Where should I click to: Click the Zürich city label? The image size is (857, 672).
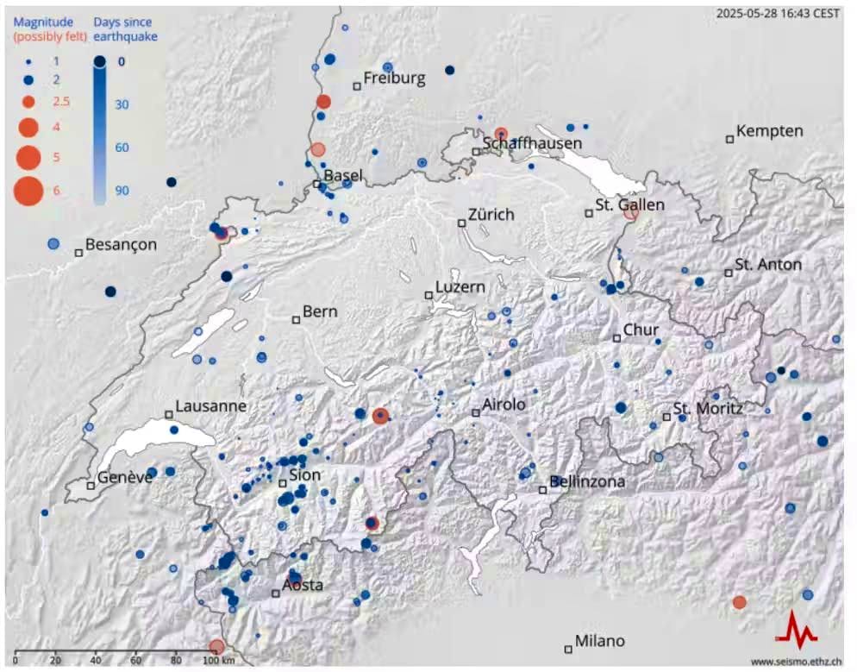[x=491, y=214]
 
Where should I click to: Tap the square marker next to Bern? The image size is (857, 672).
[x=296, y=319]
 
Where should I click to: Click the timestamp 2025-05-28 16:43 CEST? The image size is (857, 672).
[x=778, y=13]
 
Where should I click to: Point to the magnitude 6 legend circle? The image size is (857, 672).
[x=28, y=190]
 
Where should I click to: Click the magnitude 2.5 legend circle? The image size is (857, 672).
[x=28, y=102]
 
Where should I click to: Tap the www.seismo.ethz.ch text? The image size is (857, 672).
[x=794, y=662]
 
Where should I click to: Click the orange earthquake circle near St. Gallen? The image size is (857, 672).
[x=631, y=212]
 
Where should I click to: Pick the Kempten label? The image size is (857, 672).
[x=770, y=131]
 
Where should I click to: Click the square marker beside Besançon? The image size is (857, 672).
[x=78, y=253]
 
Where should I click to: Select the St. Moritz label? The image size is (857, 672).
[x=708, y=408]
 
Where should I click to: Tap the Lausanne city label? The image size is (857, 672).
[x=210, y=405]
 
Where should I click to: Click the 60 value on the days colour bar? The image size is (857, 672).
[x=121, y=148]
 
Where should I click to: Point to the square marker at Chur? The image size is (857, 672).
[x=616, y=338]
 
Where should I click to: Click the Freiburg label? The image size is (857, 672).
[x=394, y=79]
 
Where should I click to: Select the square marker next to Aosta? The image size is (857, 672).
[x=276, y=593]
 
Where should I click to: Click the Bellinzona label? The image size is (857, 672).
[x=587, y=481]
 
